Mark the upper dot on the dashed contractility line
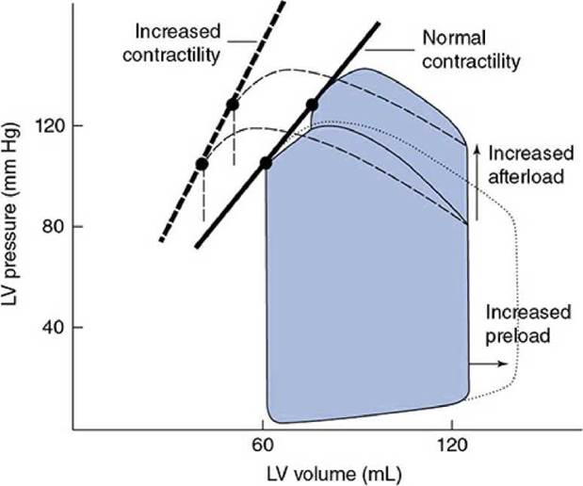[233, 105]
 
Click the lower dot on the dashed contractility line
[202, 164]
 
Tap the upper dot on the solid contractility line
[313, 105]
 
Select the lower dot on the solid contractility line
[266, 163]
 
